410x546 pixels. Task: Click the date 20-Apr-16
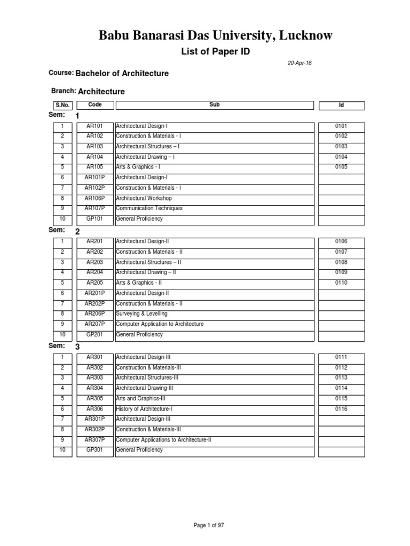click(x=299, y=63)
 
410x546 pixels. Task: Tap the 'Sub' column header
click(x=215, y=105)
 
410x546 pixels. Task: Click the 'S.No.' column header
click(x=62, y=105)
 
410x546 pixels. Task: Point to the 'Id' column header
click(x=341, y=106)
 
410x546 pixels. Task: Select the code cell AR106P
click(x=94, y=198)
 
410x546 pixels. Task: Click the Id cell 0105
click(x=341, y=167)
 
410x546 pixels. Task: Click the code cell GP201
click(x=94, y=334)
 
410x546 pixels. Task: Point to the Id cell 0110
click(x=341, y=283)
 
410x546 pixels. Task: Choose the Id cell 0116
click(x=341, y=408)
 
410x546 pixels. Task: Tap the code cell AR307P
click(x=94, y=440)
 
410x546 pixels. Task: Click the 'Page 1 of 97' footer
click(x=209, y=525)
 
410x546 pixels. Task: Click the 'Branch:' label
click(x=64, y=91)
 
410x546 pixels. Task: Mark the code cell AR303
click(x=94, y=378)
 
